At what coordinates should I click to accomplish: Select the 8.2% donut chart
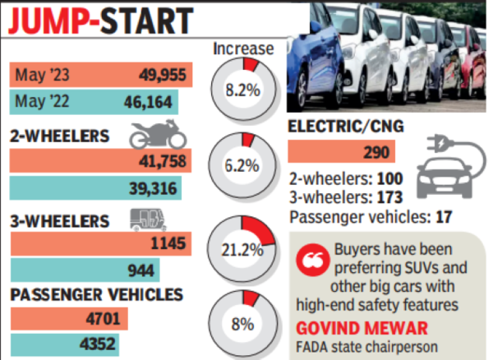[x=242, y=90]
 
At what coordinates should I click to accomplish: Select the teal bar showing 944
[x=85, y=269]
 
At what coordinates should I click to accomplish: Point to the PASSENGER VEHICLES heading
[x=96, y=294]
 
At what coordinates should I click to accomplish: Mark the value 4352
[x=100, y=344]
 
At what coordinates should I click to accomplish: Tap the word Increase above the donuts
[x=243, y=50]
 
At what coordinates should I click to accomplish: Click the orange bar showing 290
[x=341, y=152]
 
